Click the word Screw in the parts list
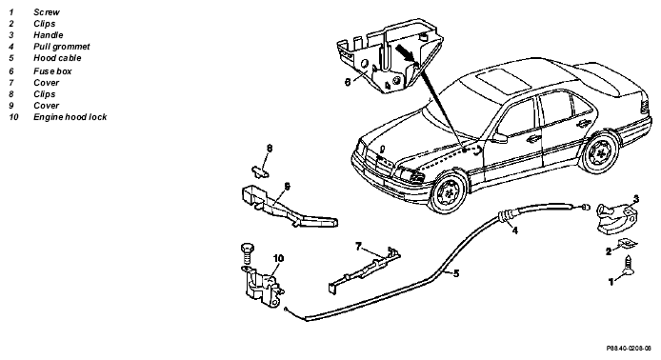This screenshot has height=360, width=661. tap(47, 12)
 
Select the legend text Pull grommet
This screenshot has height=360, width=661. tap(62, 47)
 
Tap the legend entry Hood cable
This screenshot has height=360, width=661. tap(57, 58)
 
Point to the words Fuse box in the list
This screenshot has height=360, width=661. tap(52, 71)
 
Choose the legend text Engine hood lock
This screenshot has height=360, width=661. tap(70, 117)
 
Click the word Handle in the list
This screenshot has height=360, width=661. tap(49, 35)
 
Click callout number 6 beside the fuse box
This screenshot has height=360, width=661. tap(348, 82)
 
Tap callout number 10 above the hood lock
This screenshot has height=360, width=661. tap(278, 258)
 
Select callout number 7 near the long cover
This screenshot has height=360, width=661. tap(358, 246)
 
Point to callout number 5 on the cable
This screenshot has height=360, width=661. tap(456, 273)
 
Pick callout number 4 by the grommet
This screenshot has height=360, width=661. tap(514, 230)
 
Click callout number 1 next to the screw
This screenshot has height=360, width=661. tap(611, 282)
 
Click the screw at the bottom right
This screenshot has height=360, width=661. tap(629, 266)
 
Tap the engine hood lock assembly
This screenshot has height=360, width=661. tap(263, 287)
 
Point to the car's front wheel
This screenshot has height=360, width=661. tap(449, 194)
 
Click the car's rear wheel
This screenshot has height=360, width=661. tap(600, 151)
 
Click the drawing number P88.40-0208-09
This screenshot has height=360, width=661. tap(629, 349)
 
